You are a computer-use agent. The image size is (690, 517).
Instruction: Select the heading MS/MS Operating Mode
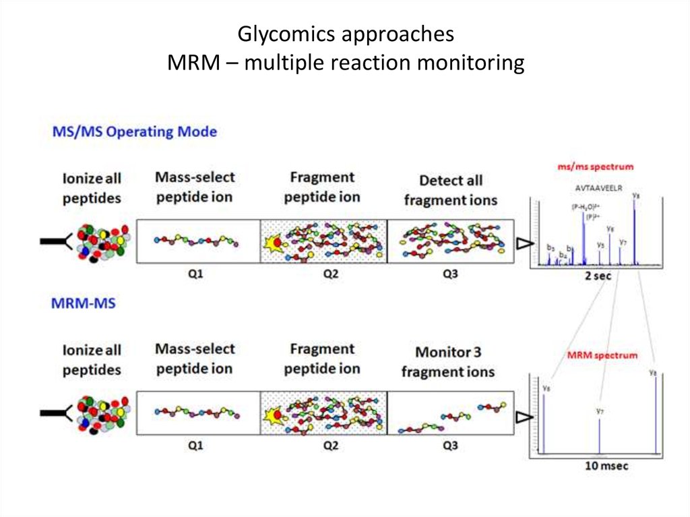[x=135, y=131]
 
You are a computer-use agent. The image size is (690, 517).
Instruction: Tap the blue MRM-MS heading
[x=84, y=303]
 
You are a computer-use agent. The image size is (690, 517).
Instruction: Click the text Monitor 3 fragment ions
[x=448, y=362]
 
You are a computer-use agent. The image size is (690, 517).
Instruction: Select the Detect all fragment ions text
[x=450, y=190]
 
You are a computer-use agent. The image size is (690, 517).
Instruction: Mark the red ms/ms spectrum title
[x=595, y=166]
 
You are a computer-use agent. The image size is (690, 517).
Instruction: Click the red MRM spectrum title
[x=602, y=355]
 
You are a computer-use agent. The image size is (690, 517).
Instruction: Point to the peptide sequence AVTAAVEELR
[x=596, y=189]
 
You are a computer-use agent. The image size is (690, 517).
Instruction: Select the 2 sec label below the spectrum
[x=597, y=276]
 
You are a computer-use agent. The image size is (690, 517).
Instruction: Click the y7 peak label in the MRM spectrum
[x=600, y=410]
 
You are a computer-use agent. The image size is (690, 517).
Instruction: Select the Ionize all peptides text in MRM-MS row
[x=92, y=360]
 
